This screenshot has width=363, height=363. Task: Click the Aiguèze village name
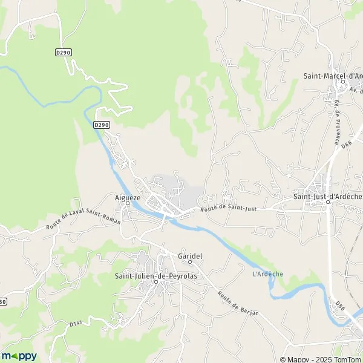[128, 197]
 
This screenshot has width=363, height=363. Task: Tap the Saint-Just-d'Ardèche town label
[327, 195]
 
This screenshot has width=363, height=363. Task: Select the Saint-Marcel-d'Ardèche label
[332, 76]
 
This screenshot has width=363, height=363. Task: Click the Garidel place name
[189, 256]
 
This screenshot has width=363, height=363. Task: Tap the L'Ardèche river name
[267, 274]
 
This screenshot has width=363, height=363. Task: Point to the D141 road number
[76, 324]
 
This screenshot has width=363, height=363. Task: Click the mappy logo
[19, 356]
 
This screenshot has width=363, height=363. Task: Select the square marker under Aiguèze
[128, 203]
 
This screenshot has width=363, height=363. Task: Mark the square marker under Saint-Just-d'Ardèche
[327, 202]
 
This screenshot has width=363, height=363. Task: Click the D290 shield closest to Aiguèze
[102, 125]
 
